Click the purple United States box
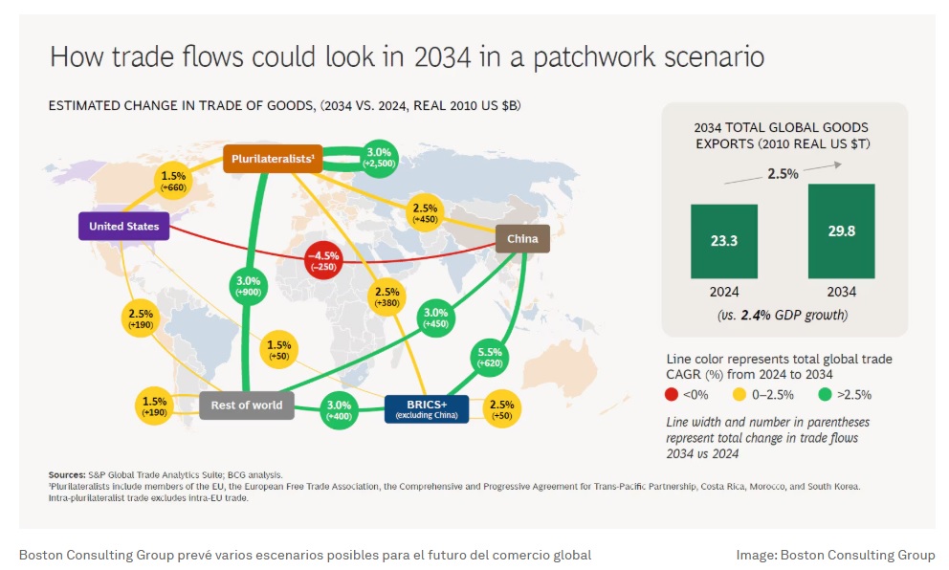click(124, 227)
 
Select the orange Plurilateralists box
click(273, 159)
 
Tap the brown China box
click(522, 238)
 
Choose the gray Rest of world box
click(246, 406)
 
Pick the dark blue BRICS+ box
click(427, 409)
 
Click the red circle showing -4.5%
click(323, 260)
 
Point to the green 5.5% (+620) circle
click(490, 357)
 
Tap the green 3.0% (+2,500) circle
click(379, 158)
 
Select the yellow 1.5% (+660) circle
click(173, 181)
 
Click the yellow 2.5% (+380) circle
click(386, 297)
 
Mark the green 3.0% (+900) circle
click(248, 286)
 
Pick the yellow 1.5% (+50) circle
click(278, 350)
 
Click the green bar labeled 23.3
click(724, 241)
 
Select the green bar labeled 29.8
click(841, 231)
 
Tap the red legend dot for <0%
click(672, 395)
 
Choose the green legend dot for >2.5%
click(825, 395)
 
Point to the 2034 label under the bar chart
click(841, 292)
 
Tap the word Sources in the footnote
click(67, 475)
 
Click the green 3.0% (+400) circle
click(339, 410)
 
